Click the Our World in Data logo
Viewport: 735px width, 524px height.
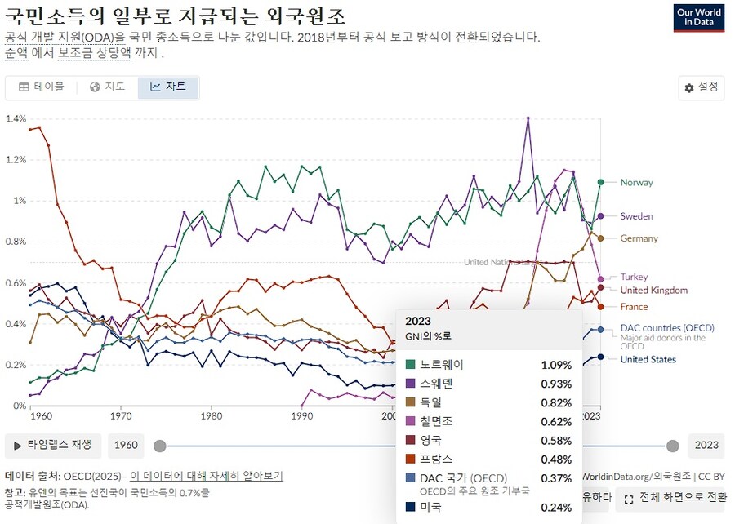coord(698,18)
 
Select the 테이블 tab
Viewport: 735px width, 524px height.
coord(41,87)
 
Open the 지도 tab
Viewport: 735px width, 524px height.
coord(108,87)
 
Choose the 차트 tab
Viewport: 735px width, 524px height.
coord(168,87)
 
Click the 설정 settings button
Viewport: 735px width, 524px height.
coord(701,87)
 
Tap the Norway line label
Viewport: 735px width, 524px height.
coord(636,183)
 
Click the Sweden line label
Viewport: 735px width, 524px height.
coord(636,216)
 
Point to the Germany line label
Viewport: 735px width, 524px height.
coord(639,238)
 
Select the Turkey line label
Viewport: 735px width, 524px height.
coord(634,277)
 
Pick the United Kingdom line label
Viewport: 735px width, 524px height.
coord(653,291)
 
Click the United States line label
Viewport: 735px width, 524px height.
coord(648,359)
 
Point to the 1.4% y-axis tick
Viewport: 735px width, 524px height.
coord(16,119)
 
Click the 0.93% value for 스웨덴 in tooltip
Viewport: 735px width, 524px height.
coord(556,384)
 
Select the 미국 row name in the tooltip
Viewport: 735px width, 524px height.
coord(430,507)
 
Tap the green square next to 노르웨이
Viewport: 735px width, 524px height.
coord(410,364)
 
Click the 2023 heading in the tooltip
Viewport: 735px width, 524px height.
coord(417,322)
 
